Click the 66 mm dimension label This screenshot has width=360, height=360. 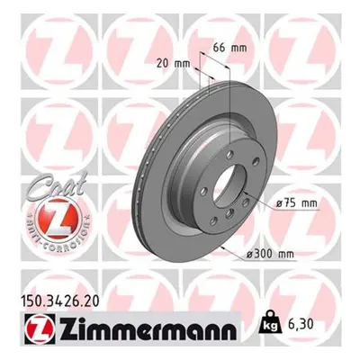pos(229,48)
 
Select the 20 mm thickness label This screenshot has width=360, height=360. pos(174,64)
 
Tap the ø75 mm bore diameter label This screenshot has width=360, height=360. pos(296,203)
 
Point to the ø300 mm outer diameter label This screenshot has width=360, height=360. pos(270,255)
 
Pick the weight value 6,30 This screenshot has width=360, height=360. pos(301,324)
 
